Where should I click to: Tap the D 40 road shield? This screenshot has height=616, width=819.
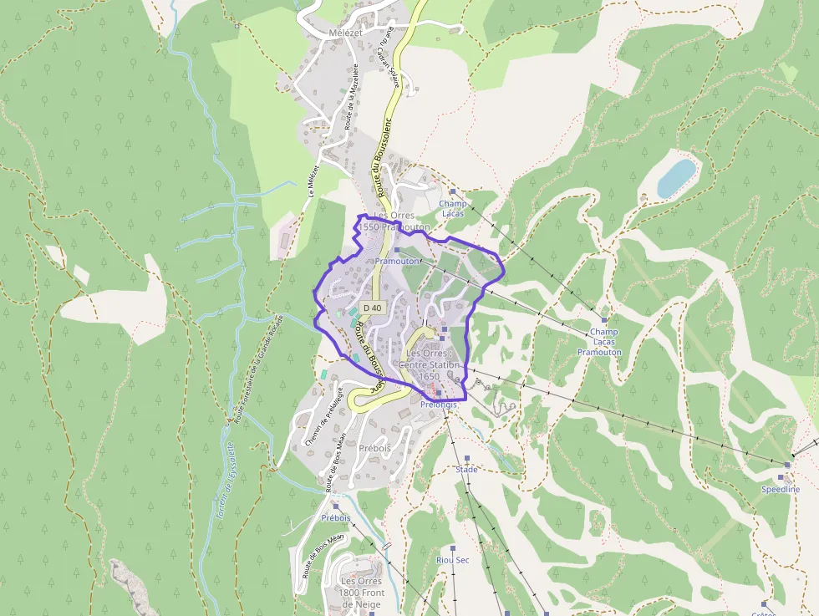tap(372, 308)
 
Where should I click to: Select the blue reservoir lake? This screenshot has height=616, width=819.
tap(676, 177)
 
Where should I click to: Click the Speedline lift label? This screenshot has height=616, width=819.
tap(780, 489)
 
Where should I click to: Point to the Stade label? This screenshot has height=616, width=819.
tap(466, 470)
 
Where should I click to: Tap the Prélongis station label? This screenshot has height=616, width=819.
tap(440, 405)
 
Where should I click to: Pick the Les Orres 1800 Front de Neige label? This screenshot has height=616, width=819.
tap(361, 593)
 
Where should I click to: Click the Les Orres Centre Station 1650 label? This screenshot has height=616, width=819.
tap(430, 364)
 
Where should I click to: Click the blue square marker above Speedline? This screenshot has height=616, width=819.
tap(787, 464)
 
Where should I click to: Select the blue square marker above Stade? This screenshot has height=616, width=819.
tap(466, 458)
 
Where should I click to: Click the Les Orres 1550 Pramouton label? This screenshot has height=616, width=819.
tap(394, 221)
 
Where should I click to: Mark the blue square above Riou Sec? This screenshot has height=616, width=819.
tap(454, 549)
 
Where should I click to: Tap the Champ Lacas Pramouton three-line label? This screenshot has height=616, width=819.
tap(600, 342)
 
